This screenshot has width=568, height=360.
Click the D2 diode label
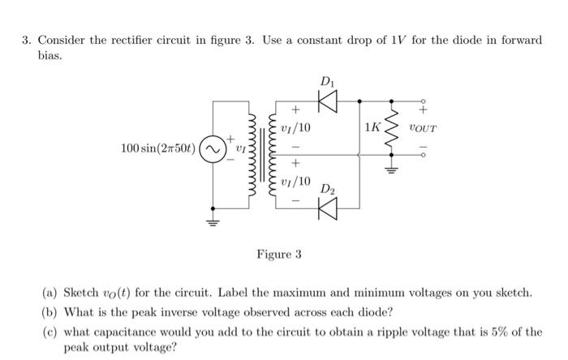click(x=325, y=190)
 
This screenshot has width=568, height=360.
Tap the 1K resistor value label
click(x=372, y=128)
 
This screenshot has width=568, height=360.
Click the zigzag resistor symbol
click(x=395, y=126)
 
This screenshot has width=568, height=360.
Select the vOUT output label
click(x=423, y=128)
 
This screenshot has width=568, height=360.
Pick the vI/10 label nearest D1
click(x=294, y=128)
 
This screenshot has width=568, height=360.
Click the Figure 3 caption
click(x=279, y=255)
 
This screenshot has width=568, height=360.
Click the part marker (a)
click(x=50, y=292)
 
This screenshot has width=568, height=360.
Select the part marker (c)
click(x=50, y=331)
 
